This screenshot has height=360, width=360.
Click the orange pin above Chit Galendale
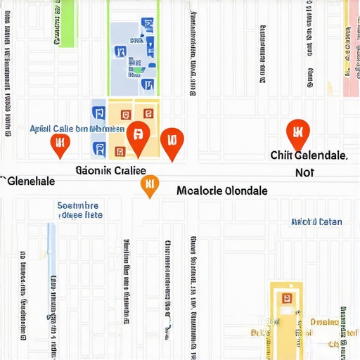click(298, 131)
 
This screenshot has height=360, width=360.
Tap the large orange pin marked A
click(138, 135)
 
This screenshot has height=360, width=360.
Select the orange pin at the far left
click(60, 143)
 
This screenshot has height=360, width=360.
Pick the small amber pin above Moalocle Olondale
click(149, 185)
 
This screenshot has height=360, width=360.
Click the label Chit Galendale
click(309, 155)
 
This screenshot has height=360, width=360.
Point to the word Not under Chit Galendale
click(304, 172)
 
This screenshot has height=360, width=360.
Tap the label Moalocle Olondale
click(222, 191)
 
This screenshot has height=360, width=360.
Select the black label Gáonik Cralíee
click(110, 170)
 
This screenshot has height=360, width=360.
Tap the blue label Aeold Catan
click(316, 221)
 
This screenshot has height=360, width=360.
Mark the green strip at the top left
click(67, 23)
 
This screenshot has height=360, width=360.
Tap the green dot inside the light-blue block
click(139, 69)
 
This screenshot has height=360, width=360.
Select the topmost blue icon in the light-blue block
click(148, 27)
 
